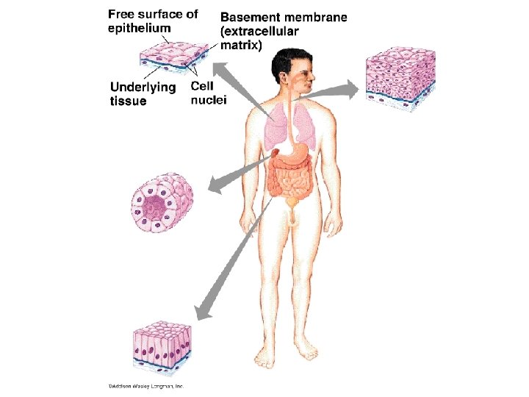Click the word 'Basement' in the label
point(250,17)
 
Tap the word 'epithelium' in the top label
point(140,28)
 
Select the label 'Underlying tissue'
point(143,94)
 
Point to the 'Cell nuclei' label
point(208,93)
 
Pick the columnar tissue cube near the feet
point(162,345)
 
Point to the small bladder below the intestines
point(292,201)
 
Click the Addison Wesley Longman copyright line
point(146,385)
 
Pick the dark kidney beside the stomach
point(275,153)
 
